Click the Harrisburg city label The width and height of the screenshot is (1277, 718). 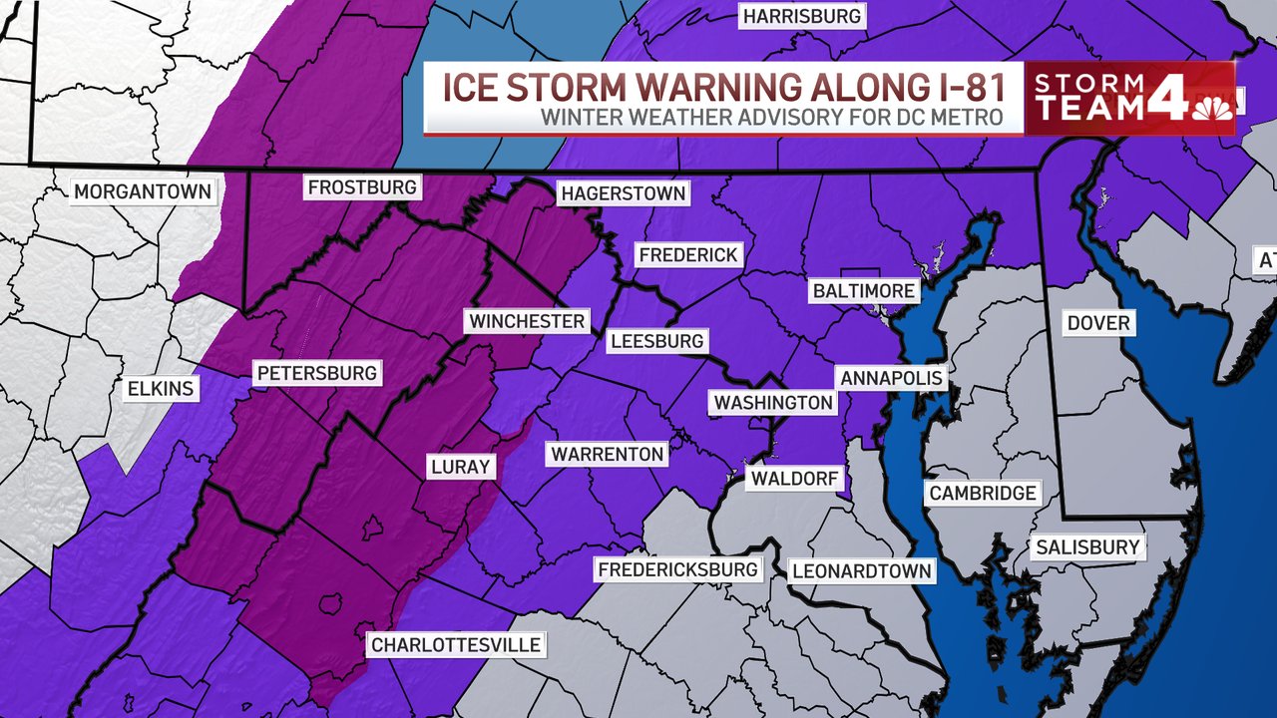801,16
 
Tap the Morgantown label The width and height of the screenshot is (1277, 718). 143,191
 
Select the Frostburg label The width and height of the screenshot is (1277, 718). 362,187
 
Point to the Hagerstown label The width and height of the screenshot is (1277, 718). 624,193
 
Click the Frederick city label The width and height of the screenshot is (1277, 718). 688,255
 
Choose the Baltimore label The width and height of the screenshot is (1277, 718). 863,291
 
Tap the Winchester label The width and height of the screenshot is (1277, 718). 527,321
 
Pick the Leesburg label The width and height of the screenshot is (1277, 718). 657,341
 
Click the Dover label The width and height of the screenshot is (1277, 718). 1098,323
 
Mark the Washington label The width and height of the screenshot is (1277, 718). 773,402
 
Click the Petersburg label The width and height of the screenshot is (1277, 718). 317,373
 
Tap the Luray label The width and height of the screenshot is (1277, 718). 460,467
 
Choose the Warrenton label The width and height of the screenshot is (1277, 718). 607,455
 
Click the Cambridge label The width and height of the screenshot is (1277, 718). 983,493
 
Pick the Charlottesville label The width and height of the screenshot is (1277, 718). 456,645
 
